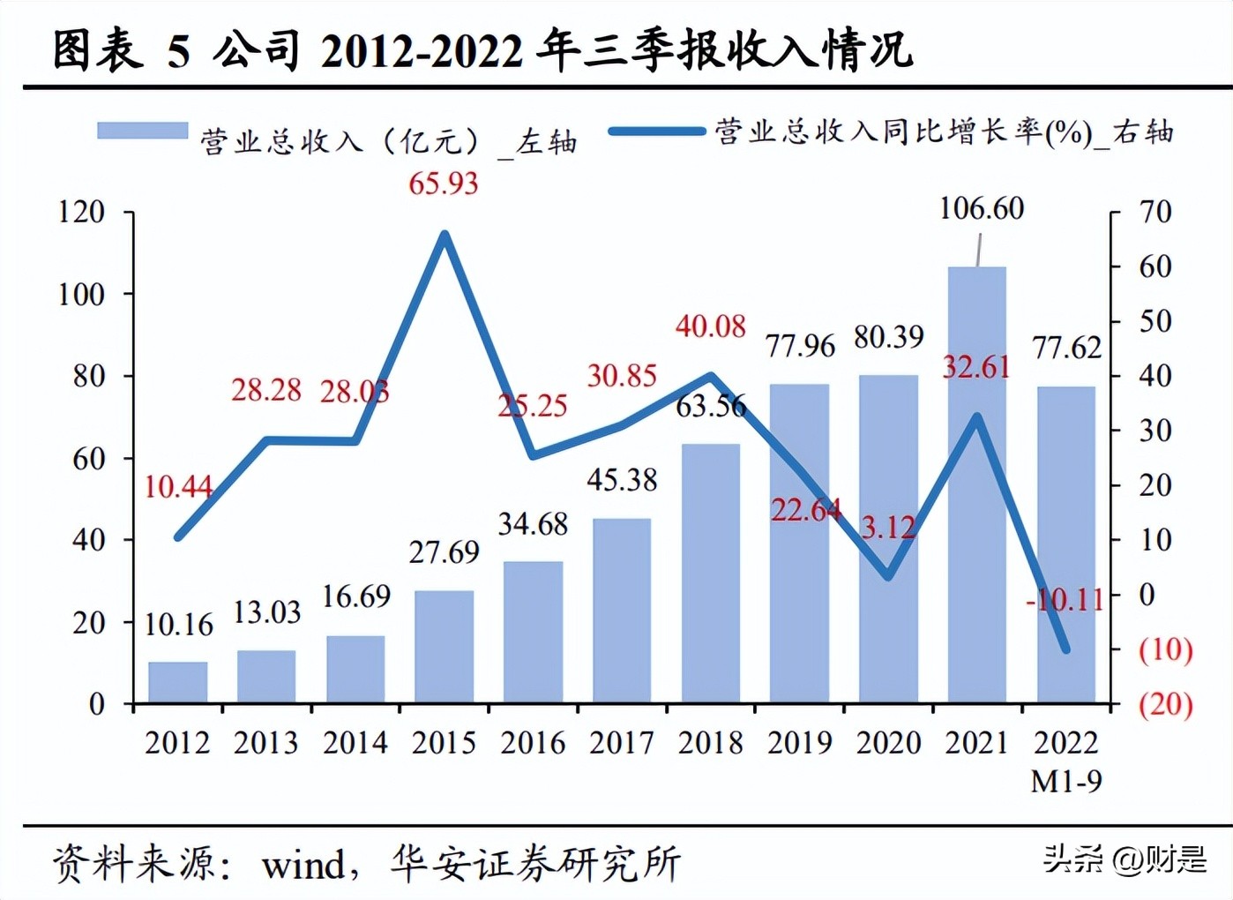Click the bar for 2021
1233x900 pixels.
click(976, 485)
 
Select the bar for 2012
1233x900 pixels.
click(178, 682)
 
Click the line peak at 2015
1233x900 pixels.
click(445, 236)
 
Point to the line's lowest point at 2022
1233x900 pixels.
click(1065, 649)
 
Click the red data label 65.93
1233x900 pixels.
click(443, 184)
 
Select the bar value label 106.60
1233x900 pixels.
click(981, 209)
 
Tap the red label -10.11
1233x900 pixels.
click(1065, 600)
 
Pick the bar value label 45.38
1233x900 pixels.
click(622, 480)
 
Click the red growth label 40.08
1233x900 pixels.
click(711, 326)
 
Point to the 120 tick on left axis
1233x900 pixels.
click(81, 212)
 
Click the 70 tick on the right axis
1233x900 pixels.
click(1155, 212)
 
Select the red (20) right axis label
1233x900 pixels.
click(1165, 704)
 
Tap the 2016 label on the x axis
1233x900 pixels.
click(533, 743)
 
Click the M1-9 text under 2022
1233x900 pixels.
click(1065, 781)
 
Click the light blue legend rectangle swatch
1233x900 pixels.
click(142, 131)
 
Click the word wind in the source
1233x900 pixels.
click(303, 865)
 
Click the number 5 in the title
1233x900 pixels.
click(179, 51)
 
